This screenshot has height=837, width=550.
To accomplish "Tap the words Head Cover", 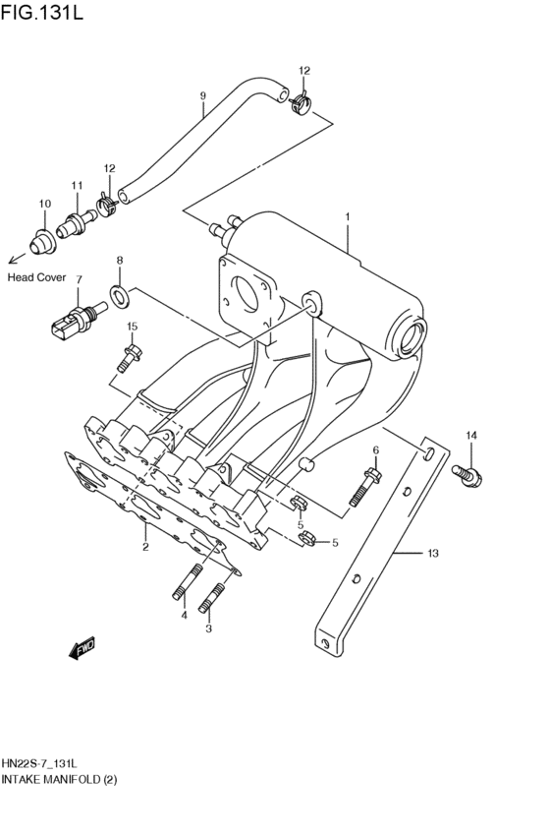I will [36, 278].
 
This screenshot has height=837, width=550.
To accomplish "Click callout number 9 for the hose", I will [202, 95].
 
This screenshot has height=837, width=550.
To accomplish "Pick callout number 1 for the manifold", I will [347, 215].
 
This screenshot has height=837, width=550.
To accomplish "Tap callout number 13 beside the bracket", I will [431, 554].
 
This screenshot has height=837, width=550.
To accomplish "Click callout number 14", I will [470, 435].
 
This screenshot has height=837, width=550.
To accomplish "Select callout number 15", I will [131, 327].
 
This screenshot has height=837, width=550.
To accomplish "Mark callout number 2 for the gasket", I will [144, 547].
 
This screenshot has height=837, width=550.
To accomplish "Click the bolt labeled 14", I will [467, 474].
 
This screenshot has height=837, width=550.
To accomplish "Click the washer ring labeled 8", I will [119, 292].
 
